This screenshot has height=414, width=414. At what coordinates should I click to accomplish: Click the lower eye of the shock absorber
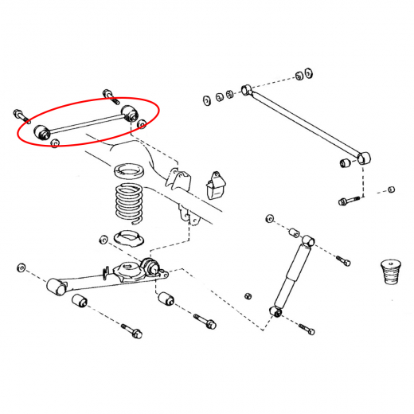pyautogui.click(x=277, y=310)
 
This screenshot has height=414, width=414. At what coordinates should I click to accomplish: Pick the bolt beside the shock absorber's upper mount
pyautogui.click(x=340, y=260)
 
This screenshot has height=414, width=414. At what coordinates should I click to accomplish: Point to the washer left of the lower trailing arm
pyautogui.click(x=21, y=266)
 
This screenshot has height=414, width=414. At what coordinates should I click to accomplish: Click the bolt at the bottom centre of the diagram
pyautogui.click(x=203, y=322)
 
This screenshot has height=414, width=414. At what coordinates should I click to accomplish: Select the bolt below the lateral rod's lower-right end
pyautogui.click(x=348, y=200)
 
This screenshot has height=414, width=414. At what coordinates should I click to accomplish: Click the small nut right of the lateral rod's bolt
pyautogui.click(x=391, y=190)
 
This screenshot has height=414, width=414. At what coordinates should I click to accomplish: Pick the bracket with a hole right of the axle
pyautogui.click(x=213, y=186)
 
